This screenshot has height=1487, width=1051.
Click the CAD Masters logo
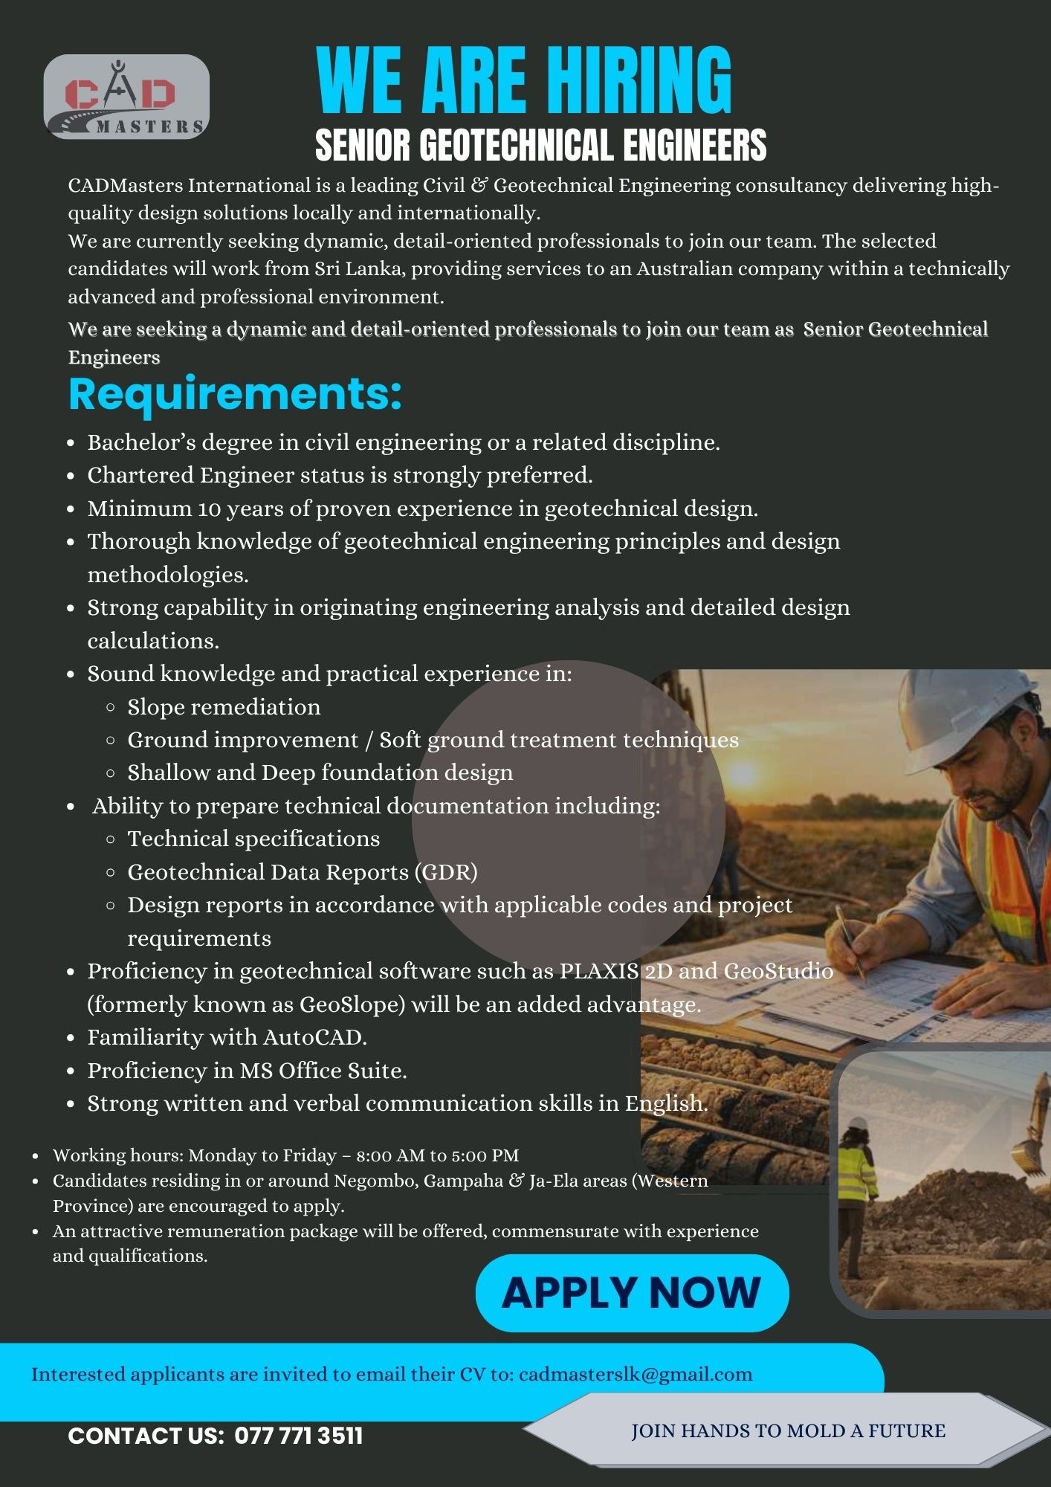pyautogui.click(x=126, y=97)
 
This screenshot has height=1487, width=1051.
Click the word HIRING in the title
pyautogui.click(x=636, y=80)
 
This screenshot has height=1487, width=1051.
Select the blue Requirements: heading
pyautogui.click(x=235, y=394)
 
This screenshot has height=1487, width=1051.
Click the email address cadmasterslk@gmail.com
pyautogui.click(x=636, y=1374)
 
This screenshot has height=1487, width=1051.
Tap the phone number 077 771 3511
pyautogui.click(x=299, y=1436)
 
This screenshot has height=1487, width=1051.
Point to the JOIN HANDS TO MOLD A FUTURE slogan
pyautogui.click(x=788, y=1430)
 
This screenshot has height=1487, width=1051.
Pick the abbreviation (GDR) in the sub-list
pyautogui.click(x=445, y=871)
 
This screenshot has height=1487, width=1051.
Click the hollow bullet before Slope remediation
pyautogui.click(x=111, y=707)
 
